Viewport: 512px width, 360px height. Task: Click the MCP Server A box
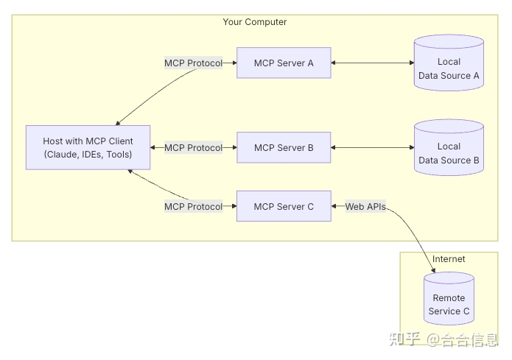[284, 63]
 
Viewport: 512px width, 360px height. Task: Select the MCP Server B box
[284, 148]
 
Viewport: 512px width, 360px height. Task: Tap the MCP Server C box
[284, 206]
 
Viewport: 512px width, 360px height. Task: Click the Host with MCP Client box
[88, 148]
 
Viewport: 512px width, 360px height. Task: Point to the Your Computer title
[255, 22]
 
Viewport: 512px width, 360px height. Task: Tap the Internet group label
[449, 259]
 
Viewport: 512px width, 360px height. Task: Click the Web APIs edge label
[365, 207]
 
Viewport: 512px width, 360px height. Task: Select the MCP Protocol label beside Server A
[193, 63]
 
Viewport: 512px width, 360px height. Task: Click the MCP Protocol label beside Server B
[193, 148]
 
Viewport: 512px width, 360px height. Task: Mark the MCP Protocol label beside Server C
[193, 207]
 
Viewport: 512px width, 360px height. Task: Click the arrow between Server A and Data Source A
[372, 63]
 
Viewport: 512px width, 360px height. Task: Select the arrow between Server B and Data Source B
[372, 148]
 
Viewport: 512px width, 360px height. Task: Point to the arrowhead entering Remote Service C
[432, 270]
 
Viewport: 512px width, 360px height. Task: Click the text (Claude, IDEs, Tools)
[88, 155]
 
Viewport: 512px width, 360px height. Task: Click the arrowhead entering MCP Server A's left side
[232, 63]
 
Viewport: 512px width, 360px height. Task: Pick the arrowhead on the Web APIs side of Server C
[336, 207]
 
